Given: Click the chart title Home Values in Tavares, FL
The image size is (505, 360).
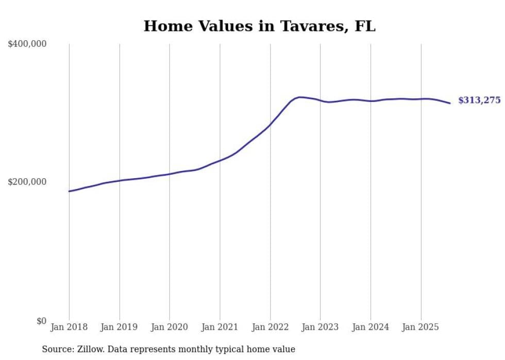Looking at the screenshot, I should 259,26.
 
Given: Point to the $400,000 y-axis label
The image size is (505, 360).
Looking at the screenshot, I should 27,44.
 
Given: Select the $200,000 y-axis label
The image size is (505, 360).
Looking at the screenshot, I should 27,182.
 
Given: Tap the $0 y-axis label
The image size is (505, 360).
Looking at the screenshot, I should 41,321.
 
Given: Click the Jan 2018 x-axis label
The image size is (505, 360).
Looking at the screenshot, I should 69,327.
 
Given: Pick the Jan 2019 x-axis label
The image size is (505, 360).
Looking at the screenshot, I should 120,327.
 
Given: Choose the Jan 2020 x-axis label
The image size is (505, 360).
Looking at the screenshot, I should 170,327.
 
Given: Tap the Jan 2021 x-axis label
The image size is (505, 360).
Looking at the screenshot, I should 220,327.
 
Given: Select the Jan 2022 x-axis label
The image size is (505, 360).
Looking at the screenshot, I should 270,327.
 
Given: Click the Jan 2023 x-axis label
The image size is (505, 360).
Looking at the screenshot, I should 321,327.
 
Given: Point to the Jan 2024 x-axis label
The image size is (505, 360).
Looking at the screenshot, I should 371,327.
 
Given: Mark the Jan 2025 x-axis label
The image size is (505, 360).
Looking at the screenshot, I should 421,327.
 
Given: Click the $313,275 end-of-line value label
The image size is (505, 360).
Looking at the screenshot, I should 479,100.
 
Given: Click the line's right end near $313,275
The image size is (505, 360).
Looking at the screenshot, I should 450,103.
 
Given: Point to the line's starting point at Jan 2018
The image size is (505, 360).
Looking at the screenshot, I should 70,191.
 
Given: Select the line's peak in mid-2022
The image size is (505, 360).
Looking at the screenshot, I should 300,97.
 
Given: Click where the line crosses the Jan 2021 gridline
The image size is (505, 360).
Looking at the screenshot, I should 220,160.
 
